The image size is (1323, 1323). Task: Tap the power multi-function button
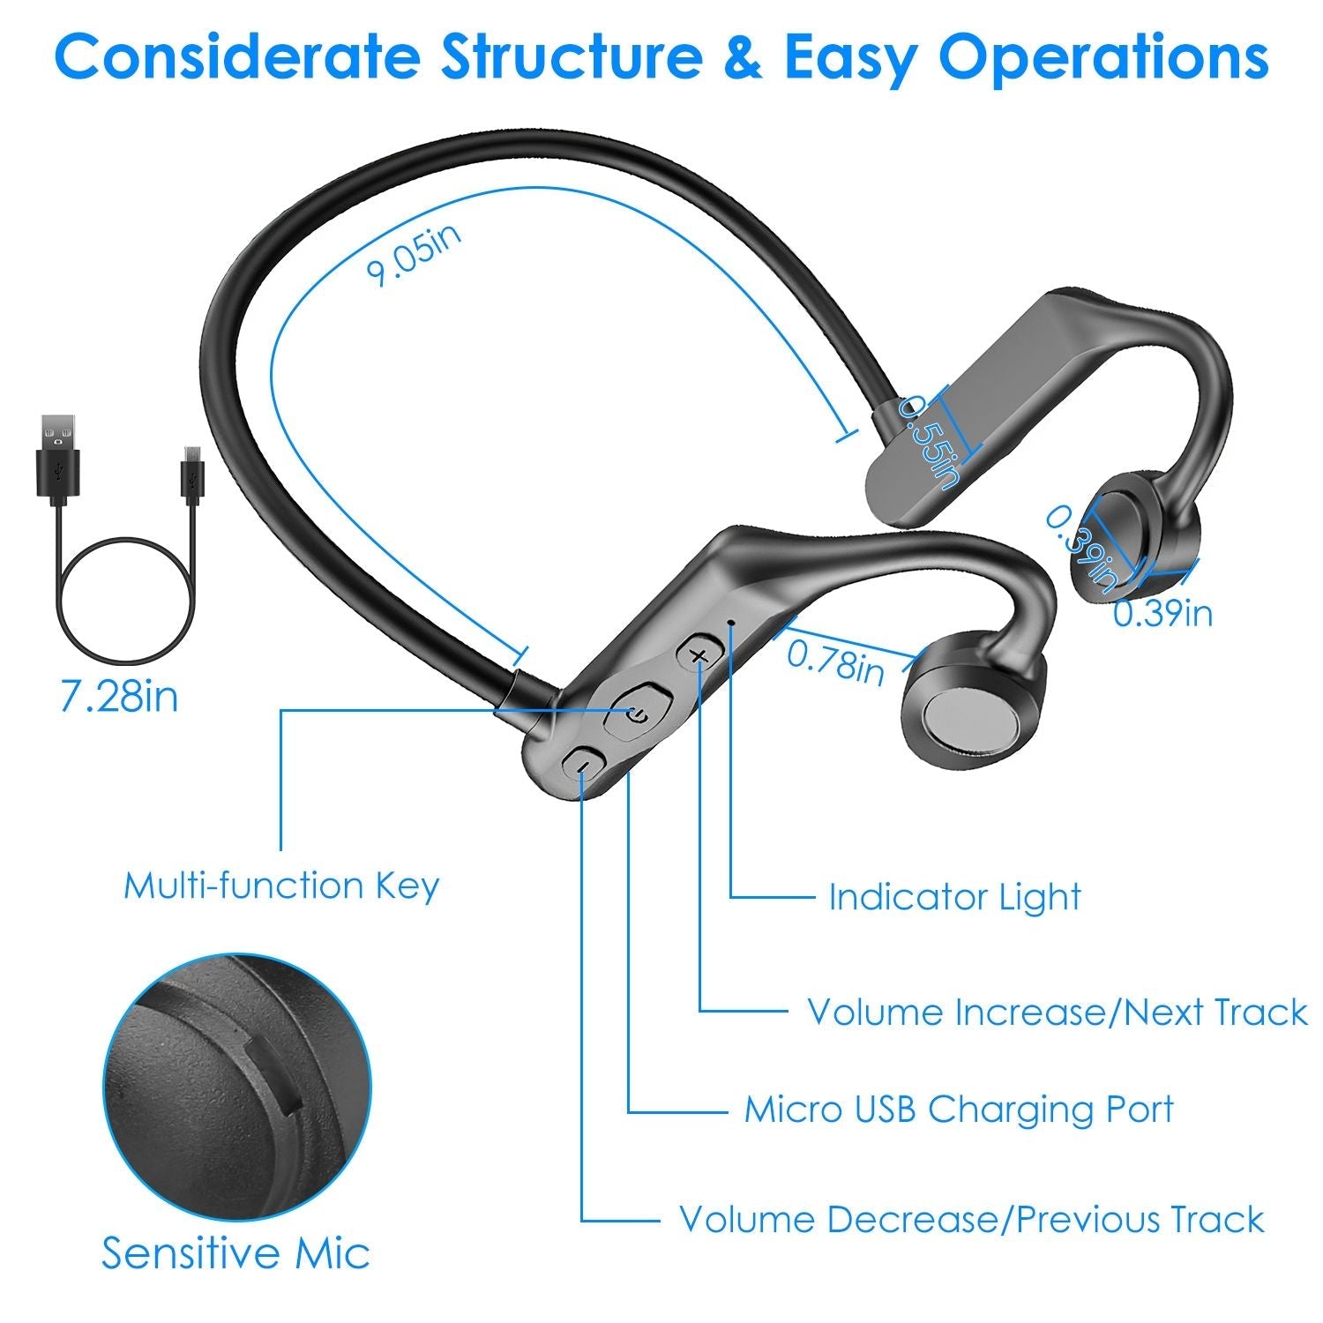pos(638,712)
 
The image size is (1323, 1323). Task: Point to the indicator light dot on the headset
pos(731,622)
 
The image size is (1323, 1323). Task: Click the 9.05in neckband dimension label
pos(413,256)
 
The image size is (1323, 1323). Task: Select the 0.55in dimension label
pos(929,441)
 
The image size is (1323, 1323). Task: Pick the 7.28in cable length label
pos(118,696)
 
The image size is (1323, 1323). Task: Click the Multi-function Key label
pos(280,885)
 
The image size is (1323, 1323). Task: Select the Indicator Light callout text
pos(954,897)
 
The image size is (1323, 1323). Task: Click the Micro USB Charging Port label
pos(959,1109)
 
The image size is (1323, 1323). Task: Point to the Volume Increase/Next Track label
pos(1057,1012)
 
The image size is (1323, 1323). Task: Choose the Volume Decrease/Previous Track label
pos(971,1220)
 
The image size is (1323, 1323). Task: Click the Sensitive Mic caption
pos(235,1252)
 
